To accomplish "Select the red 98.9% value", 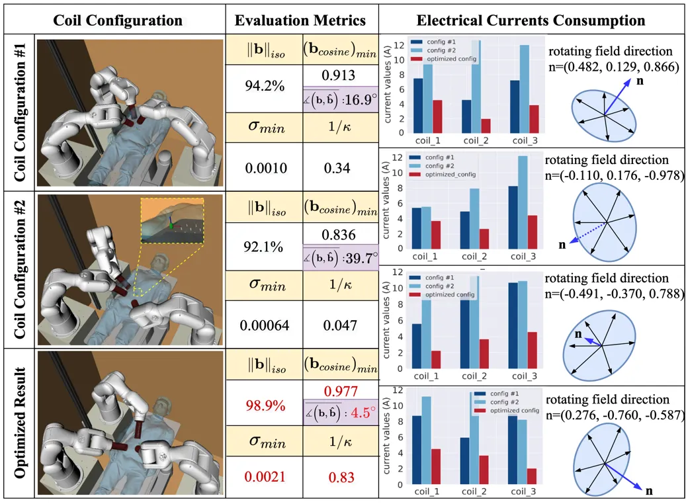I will pos(264,403).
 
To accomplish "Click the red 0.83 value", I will pos(340,477).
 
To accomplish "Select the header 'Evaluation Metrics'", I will pos(301,21).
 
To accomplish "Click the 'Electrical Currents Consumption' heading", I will pos(532,21).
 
